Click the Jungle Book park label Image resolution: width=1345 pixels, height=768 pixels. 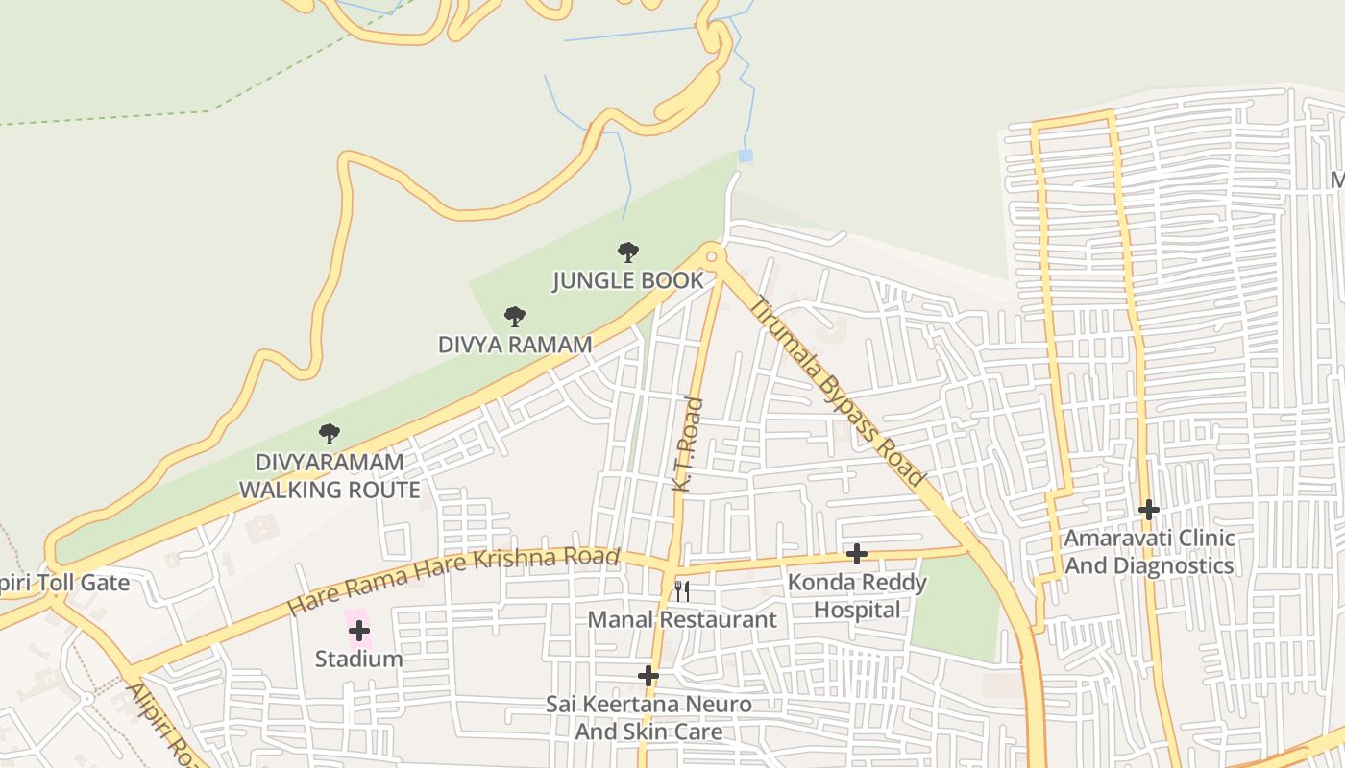pos(627,280)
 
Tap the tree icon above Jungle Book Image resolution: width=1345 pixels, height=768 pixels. pos(628,252)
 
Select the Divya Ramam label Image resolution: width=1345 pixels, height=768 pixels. pos(515,344)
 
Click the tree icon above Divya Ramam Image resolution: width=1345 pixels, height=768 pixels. pos(515,316)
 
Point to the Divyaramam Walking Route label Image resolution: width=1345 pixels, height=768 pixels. pos(330,476)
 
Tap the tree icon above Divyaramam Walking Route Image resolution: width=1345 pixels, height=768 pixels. pos(330,433)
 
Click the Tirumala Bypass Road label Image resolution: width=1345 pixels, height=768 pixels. pos(838,393)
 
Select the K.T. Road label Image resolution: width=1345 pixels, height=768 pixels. pos(688,445)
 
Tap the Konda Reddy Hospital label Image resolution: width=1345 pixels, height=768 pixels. pos(857,595)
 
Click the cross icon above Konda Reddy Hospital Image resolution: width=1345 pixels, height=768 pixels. pos(857,554)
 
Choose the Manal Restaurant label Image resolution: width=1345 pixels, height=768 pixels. pos(682,619)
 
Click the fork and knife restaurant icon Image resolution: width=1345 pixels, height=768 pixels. pos(682,590)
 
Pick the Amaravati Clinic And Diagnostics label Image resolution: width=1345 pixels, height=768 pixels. pos(1148,552)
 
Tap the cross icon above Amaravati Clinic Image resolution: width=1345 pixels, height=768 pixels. pos(1148,510)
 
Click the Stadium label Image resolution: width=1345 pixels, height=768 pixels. pos(359,659)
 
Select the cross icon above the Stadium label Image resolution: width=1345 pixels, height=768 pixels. pos(359,631)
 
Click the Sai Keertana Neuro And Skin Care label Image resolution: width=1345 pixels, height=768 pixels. pos(648,717)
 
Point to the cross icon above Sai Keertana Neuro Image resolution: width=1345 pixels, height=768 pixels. pos(648,676)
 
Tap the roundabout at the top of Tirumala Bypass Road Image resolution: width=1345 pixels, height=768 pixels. pos(712,256)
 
